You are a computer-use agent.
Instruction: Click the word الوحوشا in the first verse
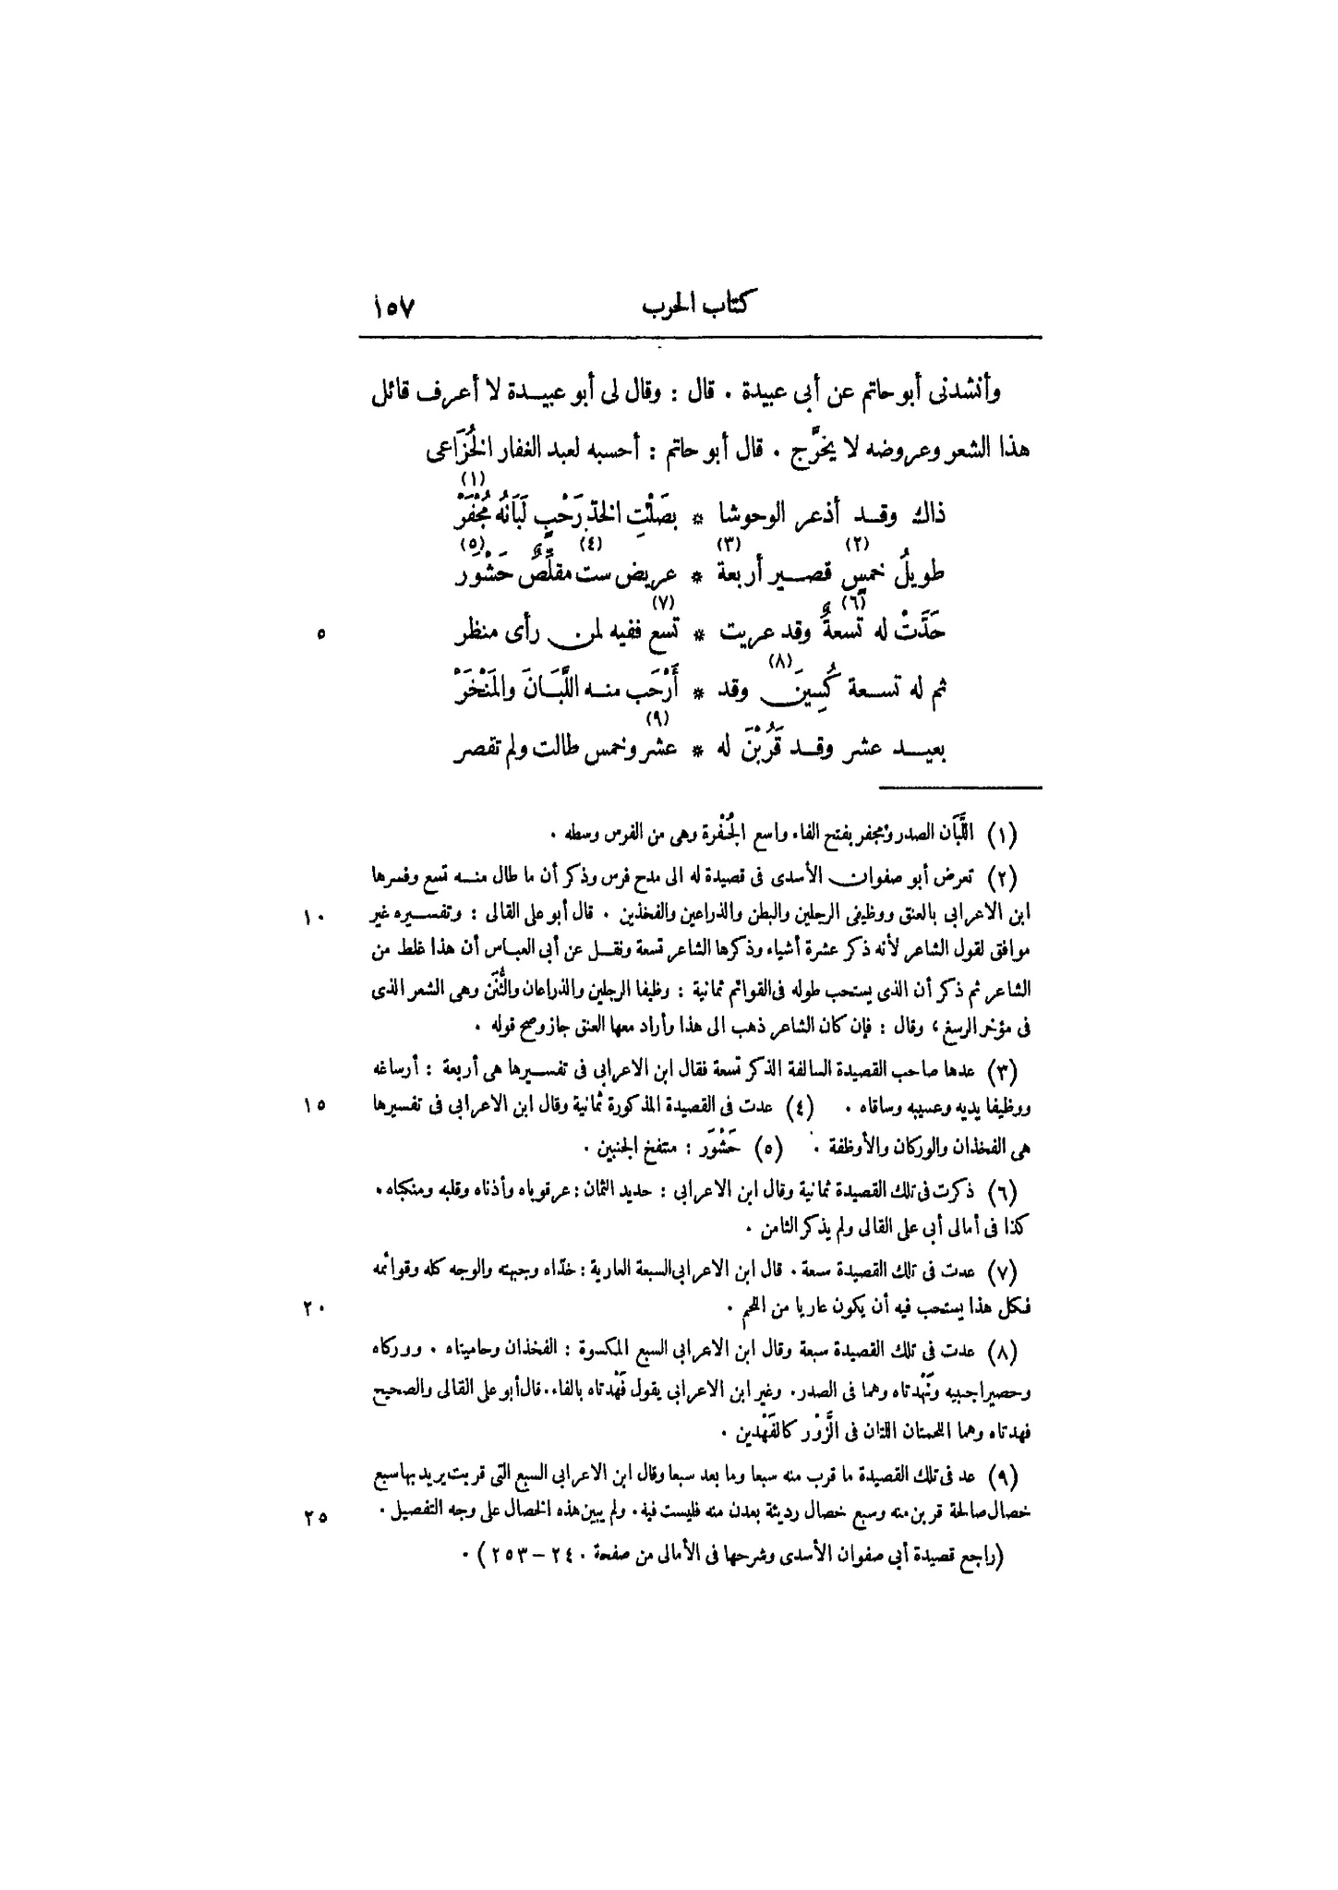[x=780, y=512]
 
